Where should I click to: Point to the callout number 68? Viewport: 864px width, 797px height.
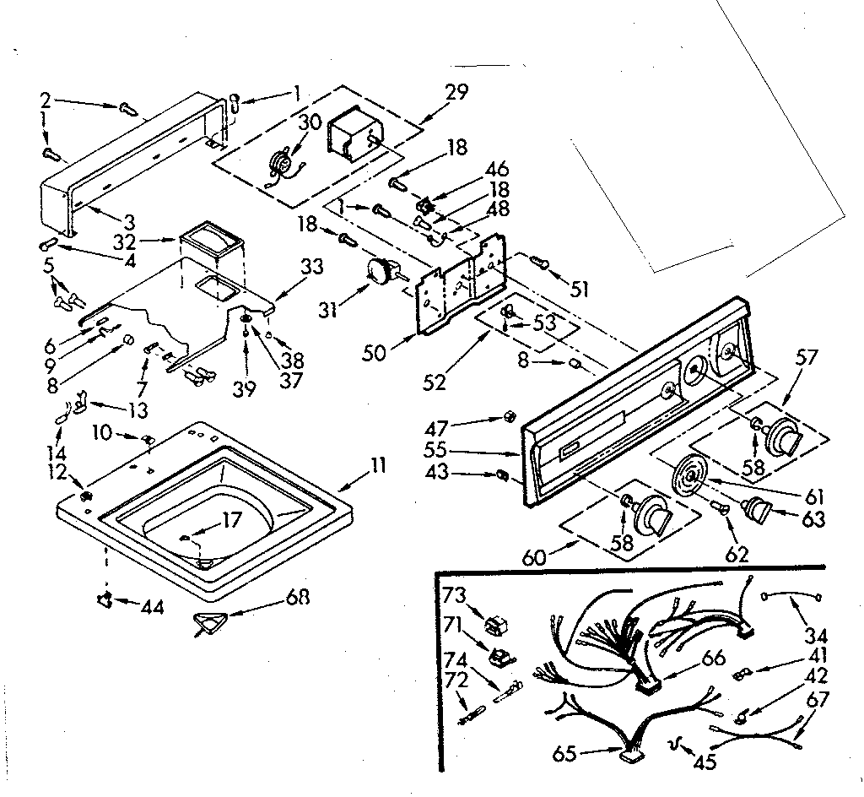click(296, 597)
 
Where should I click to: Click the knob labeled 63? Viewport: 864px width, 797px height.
click(758, 510)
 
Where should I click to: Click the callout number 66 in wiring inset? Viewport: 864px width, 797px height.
click(714, 658)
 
